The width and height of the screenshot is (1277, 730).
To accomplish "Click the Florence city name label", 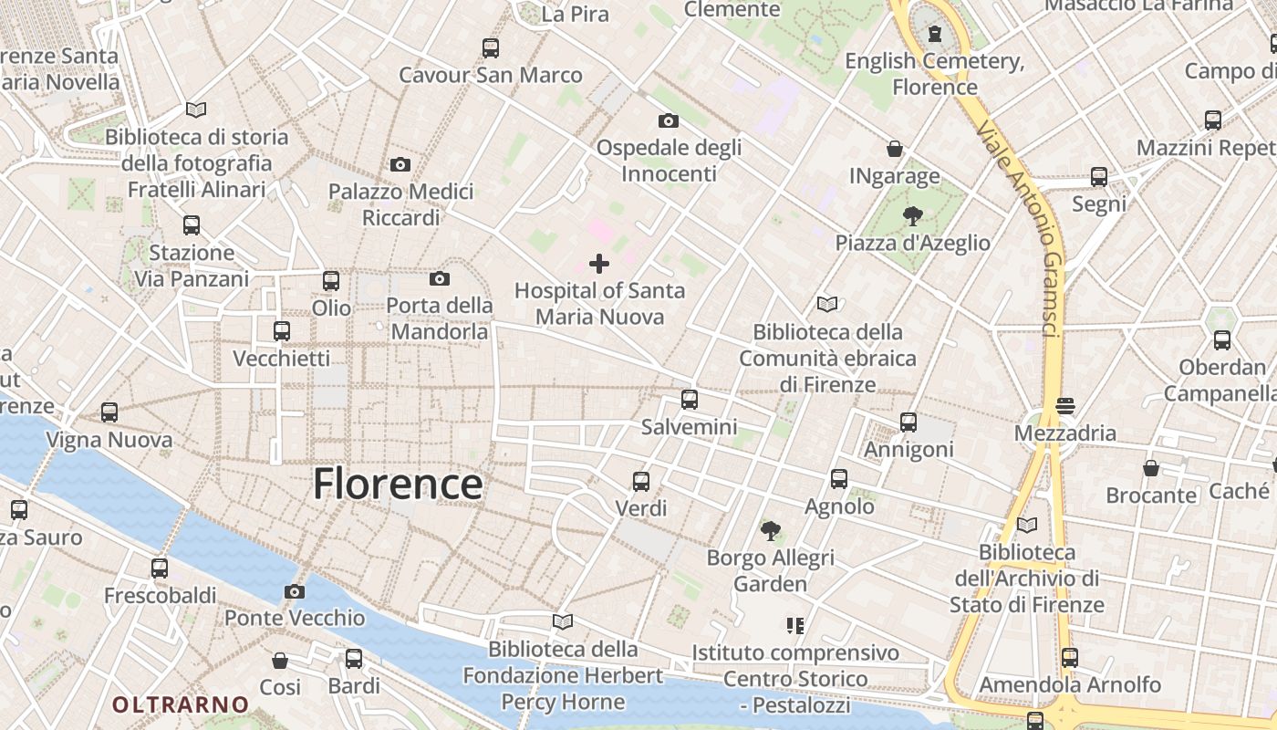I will click(398, 483).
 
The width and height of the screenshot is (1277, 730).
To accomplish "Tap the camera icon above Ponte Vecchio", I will click(294, 591).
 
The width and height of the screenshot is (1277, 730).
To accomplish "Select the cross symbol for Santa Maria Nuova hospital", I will click(599, 264).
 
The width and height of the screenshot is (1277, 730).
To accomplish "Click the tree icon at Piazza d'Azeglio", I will click(912, 216).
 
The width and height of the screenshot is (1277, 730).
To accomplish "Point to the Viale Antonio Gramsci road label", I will click(1021, 228).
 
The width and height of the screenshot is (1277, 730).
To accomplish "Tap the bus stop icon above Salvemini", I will click(690, 400).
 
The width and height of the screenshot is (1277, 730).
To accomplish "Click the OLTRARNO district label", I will click(181, 704).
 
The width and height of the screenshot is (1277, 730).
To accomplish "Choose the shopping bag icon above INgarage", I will click(895, 149).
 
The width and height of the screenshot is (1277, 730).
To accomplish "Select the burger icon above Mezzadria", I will click(1065, 405).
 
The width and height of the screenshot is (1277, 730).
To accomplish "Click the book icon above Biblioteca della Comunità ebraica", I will click(827, 305).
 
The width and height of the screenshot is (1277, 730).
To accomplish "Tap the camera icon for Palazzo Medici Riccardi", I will click(400, 165).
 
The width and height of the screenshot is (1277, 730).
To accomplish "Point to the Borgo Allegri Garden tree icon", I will click(771, 530).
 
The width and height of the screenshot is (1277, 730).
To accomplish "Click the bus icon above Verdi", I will click(641, 481).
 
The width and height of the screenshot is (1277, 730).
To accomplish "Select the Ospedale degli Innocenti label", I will click(669, 160).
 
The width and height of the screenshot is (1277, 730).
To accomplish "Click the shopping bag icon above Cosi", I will click(280, 660).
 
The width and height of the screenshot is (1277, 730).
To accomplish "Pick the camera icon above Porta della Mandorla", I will click(440, 278).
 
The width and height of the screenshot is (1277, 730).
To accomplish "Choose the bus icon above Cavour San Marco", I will click(491, 47).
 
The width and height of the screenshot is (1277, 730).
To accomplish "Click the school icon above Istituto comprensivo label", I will click(794, 626).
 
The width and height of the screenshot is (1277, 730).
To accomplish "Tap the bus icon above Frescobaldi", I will click(160, 568).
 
